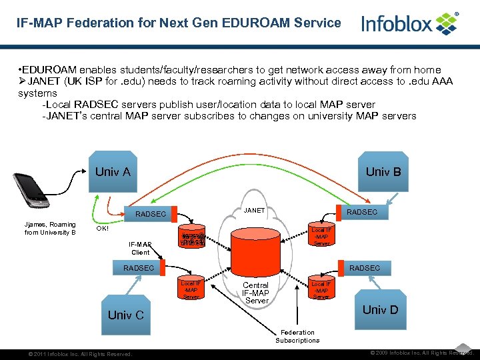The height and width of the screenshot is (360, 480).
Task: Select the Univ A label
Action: click(113, 172)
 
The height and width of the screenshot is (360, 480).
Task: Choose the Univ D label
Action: click(379, 309)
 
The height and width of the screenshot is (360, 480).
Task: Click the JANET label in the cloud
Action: click(254, 211)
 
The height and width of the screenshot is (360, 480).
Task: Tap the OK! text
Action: click(103, 228)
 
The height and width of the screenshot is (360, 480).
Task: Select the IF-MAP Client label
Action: click(141, 248)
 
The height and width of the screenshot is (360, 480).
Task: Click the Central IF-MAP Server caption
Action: click(255, 293)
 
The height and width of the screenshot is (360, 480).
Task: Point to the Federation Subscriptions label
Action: click(297, 336)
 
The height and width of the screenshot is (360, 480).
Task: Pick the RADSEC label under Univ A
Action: click(150, 214)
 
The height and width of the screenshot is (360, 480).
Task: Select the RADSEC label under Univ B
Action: click(361, 212)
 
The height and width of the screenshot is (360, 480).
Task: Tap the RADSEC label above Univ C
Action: click(138, 268)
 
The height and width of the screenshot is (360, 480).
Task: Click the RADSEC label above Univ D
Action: click(365, 268)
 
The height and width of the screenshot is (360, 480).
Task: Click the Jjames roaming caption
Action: click(50, 228)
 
